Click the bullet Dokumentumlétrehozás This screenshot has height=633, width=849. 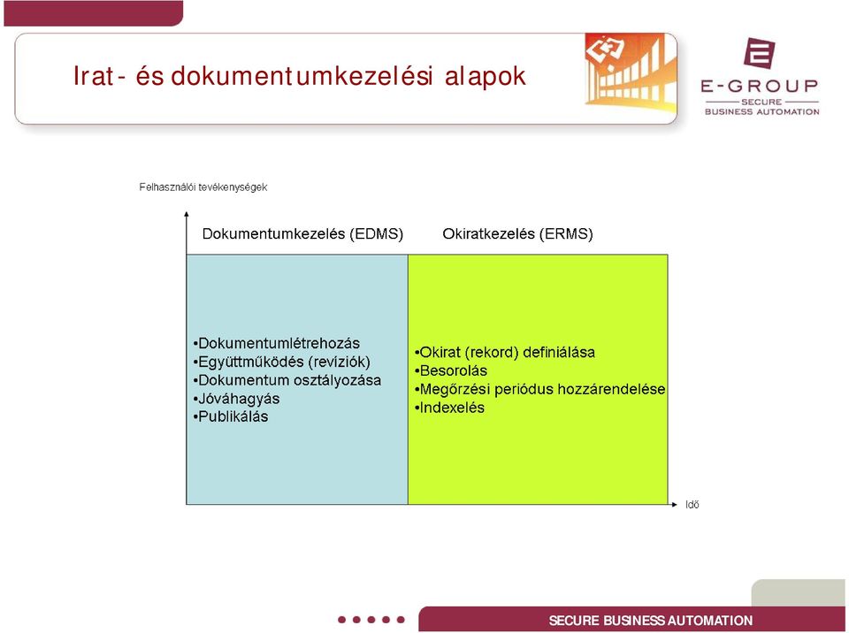click(x=276, y=343)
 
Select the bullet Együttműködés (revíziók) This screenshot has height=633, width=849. click(x=281, y=362)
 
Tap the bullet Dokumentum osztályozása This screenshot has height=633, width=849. click(x=287, y=380)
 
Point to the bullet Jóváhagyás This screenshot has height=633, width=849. click(x=236, y=399)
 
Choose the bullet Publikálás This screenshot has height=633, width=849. click(x=230, y=417)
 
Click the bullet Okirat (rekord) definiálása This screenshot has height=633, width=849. click(x=505, y=353)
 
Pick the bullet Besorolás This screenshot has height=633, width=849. click(x=450, y=371)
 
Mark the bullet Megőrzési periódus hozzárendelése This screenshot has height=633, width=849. click(x=539, y=389)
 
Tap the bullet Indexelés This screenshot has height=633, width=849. click(x=449, y=408)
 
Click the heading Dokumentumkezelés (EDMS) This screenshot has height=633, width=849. click(x=302, y=234)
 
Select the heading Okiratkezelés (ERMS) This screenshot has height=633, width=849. click(x=517, y=234)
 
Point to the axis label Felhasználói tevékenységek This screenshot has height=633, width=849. click(x=203, y=187)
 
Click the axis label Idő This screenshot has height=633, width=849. click(x=692, y=505)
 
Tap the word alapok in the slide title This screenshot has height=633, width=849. click(x=486, y=76)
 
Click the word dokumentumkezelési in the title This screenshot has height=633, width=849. click(x=302, y=76)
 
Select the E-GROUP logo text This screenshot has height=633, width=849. click(x=759, y=86)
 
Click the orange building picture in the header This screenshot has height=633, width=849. click(x=631, y=72)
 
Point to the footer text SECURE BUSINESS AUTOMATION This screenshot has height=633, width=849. click(x=651, y=621)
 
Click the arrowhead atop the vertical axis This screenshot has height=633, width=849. click(x=187, y=215)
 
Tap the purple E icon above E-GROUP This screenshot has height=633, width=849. click(x=759, y=52)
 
